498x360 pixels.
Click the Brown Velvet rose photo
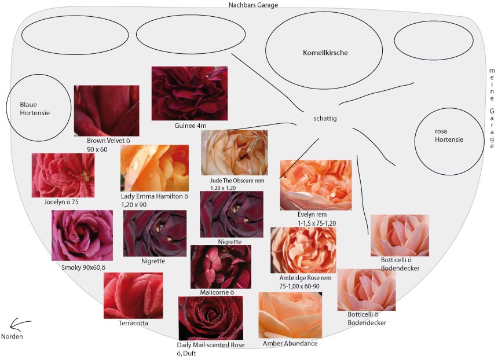click(107, 111)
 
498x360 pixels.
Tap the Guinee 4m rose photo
click(189, 93)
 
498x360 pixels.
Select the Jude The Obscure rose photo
click(234, 153)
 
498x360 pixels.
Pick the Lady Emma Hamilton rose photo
click(155, 168)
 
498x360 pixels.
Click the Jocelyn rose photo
click(63, 175)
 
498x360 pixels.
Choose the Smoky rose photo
click(82, 236)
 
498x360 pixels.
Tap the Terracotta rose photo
click(133, 295)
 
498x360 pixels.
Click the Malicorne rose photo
click(221, 266)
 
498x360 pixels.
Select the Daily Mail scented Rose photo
click(210, 318)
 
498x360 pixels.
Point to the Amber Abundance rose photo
click(290, 315)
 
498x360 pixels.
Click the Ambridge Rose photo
click(303, 250)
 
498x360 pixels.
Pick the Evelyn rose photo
click(316, 185)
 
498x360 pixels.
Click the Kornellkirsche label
click(325, 53)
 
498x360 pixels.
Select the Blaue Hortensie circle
click(38, 109)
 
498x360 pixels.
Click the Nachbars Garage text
click(254, 5)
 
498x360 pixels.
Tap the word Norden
click(12, 336)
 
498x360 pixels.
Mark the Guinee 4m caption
click(190, 125)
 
